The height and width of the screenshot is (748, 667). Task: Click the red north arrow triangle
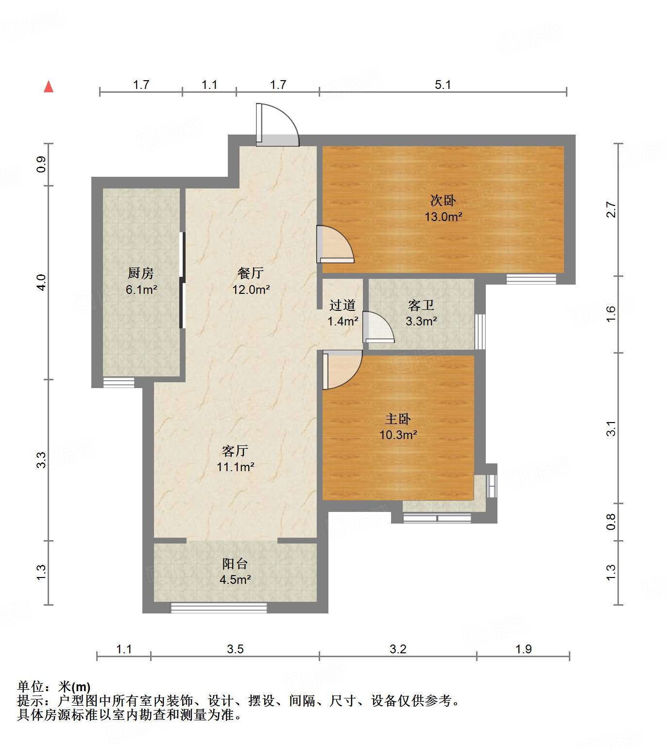click(49, 87)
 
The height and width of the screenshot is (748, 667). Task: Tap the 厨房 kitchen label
click(141, 273)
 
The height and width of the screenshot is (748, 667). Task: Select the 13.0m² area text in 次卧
click(443, 217)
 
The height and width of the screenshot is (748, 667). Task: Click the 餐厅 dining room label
click(251, 273)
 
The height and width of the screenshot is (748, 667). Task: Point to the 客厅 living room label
click(235, 451)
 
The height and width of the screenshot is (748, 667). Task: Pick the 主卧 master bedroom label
click(398, 419)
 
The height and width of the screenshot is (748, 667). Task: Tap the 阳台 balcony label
click(235, 564)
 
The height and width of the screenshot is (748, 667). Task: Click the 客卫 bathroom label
click(421, 306)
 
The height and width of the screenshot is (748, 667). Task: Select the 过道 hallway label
click(342, 306)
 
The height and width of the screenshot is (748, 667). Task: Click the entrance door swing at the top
click(277, 125)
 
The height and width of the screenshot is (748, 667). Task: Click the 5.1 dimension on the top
click(443, 85)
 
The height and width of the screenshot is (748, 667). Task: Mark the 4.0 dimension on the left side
click(42, 282)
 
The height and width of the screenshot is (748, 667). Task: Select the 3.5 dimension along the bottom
click(235, 649)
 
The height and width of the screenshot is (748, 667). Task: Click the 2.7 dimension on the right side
click(611, 210)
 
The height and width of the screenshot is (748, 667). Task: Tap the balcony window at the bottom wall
click(219, 608)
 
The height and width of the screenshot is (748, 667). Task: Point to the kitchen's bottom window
click(119, 382)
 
